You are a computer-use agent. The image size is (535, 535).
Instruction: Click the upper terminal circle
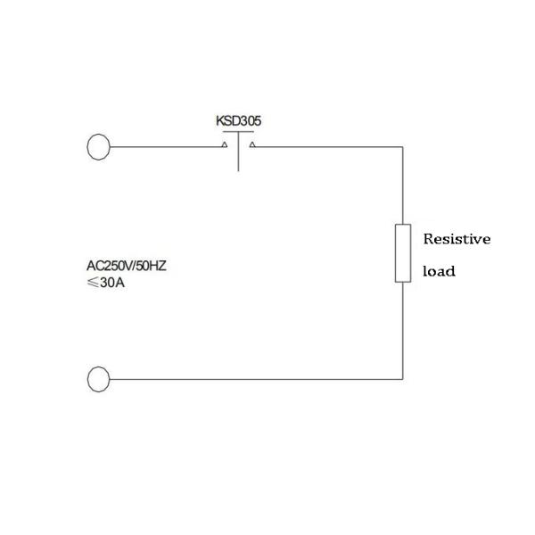pos(99,147)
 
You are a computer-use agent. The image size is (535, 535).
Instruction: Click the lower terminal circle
pos(99,379)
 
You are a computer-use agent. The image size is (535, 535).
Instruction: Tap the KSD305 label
pos(238,120)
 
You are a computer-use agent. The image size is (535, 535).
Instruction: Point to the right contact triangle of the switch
pos(252,144)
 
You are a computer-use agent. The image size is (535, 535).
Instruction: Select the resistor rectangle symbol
pos(403,254)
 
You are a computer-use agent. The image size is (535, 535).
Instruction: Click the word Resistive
pos(457,239)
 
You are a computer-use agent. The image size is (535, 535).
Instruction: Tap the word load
pos(439,271)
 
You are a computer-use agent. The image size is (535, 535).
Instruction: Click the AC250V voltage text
pos(112,265)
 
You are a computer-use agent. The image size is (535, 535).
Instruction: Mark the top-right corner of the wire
pos(403,147)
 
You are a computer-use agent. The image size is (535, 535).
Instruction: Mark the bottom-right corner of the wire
pos(403,379)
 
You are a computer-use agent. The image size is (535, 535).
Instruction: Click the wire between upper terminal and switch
pos(165,147)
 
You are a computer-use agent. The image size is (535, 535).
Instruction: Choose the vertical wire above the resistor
pos(403,187)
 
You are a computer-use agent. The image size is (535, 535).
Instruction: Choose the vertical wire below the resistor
pos(403,330)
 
